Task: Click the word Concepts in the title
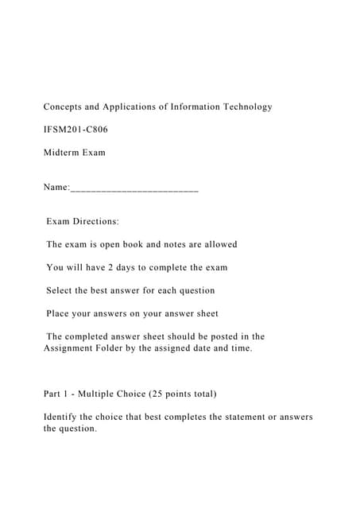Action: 64,107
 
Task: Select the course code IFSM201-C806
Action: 75,129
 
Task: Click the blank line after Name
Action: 134,191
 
